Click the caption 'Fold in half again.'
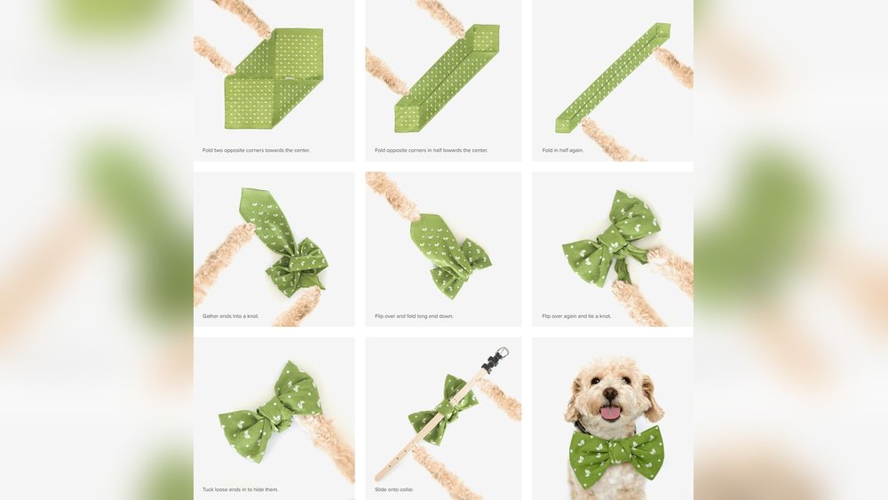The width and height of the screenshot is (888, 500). tap(563, 150)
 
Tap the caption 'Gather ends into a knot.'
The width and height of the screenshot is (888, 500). tap(231, 316)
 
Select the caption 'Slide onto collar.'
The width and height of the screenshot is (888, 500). tap(393, 489)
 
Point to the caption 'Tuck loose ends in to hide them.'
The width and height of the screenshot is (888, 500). tap(240, 489)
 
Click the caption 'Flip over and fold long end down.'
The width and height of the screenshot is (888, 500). tap(414, 316)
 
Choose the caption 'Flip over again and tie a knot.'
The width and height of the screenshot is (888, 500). tap(576, 316)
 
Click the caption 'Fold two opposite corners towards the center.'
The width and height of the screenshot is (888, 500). tap(256, 150)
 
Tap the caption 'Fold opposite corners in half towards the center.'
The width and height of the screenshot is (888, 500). tap(431, 150)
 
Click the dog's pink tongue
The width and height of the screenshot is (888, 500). tap(611, 412)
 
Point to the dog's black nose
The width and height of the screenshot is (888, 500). tap(611, 393)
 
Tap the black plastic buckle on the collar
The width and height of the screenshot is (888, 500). tap(488, 363)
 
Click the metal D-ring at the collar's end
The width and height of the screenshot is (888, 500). tap(502, 353)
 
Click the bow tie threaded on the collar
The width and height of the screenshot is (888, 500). tap(441, 410)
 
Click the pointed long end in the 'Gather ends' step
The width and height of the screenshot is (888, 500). tap(258, 209)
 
